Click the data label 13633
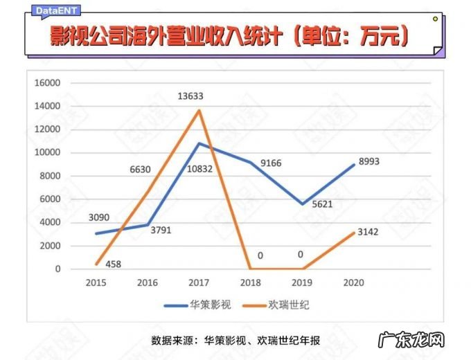point(199,96)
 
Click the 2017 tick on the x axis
point(199,282)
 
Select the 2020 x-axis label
point(353,282)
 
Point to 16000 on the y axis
point(48,83)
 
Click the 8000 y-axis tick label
point(51,176)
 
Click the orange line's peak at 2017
point(199,110)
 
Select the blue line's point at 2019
point(301,204)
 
